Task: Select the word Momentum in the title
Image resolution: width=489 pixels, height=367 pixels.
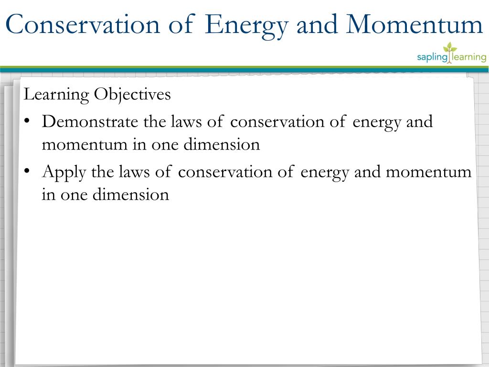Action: pyautogui.click(x=415, y=25)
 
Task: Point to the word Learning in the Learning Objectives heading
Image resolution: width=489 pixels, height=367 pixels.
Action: pyautogui.click(x=56, y=95)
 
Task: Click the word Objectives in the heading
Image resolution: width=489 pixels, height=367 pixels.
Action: pyautogui.click(x=132, y=95)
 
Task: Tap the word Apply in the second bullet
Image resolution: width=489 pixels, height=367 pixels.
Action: pyautogui.click(x=64, y=172)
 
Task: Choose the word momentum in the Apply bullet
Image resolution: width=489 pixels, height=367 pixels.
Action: pyautogui.click(x=428, y=172)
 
